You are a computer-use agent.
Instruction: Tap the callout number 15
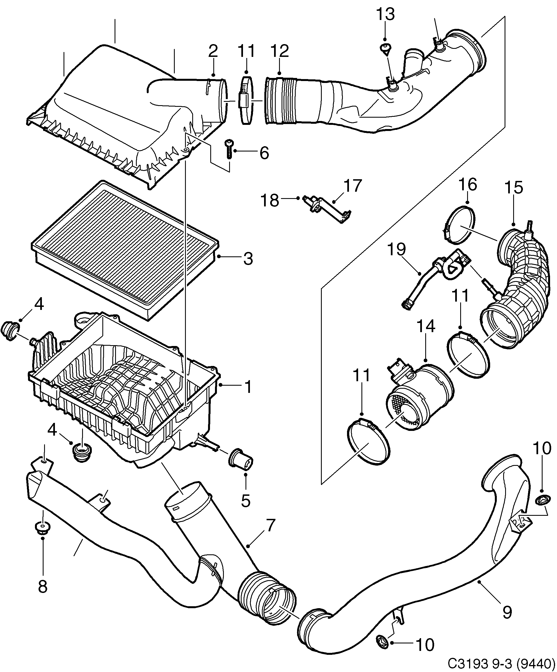513,188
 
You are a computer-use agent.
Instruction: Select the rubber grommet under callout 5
240,461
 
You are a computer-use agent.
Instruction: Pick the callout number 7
269,526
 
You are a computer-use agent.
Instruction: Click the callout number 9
507,612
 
